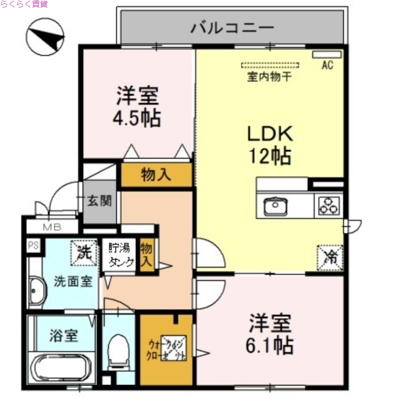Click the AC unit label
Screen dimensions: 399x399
(327, 64)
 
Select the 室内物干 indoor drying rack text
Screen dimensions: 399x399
(270, 77)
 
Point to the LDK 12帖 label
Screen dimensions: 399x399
(270, 145)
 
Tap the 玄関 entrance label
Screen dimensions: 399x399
(100, 201)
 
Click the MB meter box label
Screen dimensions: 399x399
(51, 227)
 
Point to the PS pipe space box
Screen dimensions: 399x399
(33, 245)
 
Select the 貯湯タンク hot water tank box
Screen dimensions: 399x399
(120, 256)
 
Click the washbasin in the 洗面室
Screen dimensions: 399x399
(37, 291)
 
